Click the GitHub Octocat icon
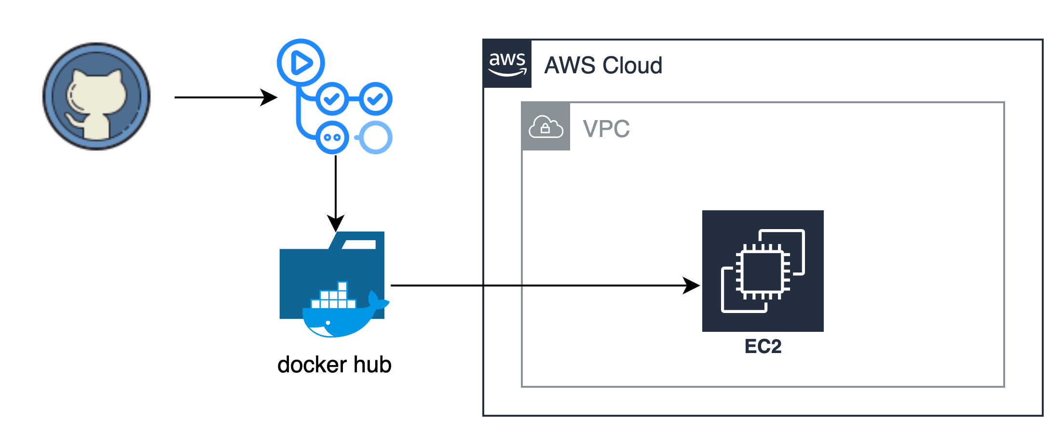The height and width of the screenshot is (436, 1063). point(96,96)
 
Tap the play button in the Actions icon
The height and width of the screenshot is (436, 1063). point(301,63)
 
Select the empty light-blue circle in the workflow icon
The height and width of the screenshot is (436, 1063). point(376,137)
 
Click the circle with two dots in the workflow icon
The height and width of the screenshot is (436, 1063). point(332,137)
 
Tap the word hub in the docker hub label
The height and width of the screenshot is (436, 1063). point(372,365)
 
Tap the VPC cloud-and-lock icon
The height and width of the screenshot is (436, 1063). point(546,127)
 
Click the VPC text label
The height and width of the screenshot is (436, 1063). point(606,129)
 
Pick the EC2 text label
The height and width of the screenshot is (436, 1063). point(763,347)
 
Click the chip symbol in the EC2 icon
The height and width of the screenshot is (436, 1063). point(763,272)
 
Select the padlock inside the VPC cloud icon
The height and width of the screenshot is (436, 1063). point(545,129)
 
